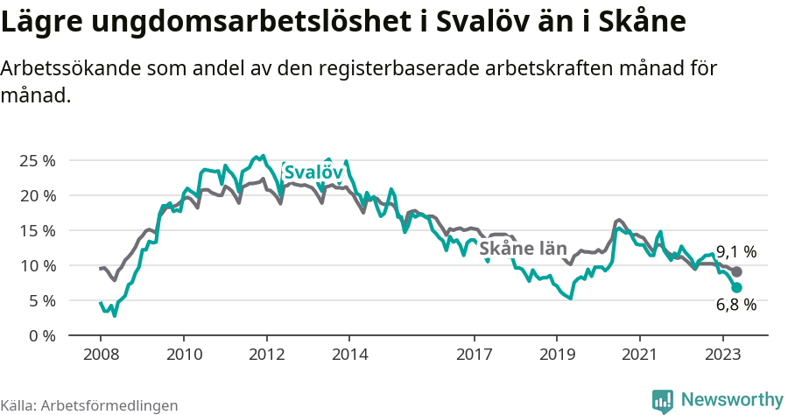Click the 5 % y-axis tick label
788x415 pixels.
[x=41, y=300]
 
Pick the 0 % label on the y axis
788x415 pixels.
[x=41, y=335]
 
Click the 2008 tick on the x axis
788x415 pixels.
[x=101, y=356]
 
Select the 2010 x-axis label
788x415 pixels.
[x=184, y=356]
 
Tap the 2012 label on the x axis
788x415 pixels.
[x=266, y=356]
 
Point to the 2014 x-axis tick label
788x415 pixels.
[x=349, y=356]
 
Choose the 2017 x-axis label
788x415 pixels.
[x=474, y=356]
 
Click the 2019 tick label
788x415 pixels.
[x=557, y=356]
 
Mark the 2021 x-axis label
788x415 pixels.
[x=639, y=356]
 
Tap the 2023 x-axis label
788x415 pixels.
[x=722, y=356]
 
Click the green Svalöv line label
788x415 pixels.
[x=313, y=172]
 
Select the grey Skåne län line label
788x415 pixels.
[x=524, y=248]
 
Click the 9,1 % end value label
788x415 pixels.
[x=735, y=252]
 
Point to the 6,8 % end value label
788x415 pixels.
[x=735, y=305]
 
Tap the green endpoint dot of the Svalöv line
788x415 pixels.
[x=736, y=287]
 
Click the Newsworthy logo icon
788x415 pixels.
[x=663, y=400]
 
